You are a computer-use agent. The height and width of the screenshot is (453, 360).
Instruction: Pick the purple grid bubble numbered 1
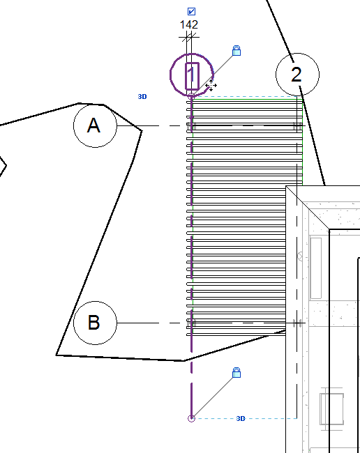(171, 75)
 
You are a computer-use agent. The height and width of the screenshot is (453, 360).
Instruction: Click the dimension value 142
(189, 24)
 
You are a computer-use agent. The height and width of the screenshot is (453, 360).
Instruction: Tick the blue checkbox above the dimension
(191, 11)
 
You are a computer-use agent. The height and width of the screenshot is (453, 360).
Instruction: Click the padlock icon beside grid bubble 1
(237, 51)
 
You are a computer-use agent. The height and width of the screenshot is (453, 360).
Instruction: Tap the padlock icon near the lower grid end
(237, 373)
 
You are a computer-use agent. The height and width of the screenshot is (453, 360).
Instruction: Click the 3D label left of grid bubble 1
(142, 96)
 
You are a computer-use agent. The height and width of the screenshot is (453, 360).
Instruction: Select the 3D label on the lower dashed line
(241, 418)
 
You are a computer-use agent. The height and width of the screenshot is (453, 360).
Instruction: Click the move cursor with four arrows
(211, 86)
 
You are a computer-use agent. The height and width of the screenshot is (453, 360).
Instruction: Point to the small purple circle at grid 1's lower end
(191, 418)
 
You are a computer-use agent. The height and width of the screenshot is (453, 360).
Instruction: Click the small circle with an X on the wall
(300, 256)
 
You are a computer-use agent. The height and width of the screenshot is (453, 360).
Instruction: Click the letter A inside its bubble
(93, 125)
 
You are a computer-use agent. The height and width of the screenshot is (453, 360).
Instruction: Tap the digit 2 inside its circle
(297, 75)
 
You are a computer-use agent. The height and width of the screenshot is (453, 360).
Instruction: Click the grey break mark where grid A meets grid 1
(192, 126)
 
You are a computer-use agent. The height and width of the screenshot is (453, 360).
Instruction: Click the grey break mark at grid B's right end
(297, 323)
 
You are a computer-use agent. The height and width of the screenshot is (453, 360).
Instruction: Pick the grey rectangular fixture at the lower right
(331, 409)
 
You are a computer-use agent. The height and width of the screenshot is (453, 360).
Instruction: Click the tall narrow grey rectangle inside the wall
(315, 268)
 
